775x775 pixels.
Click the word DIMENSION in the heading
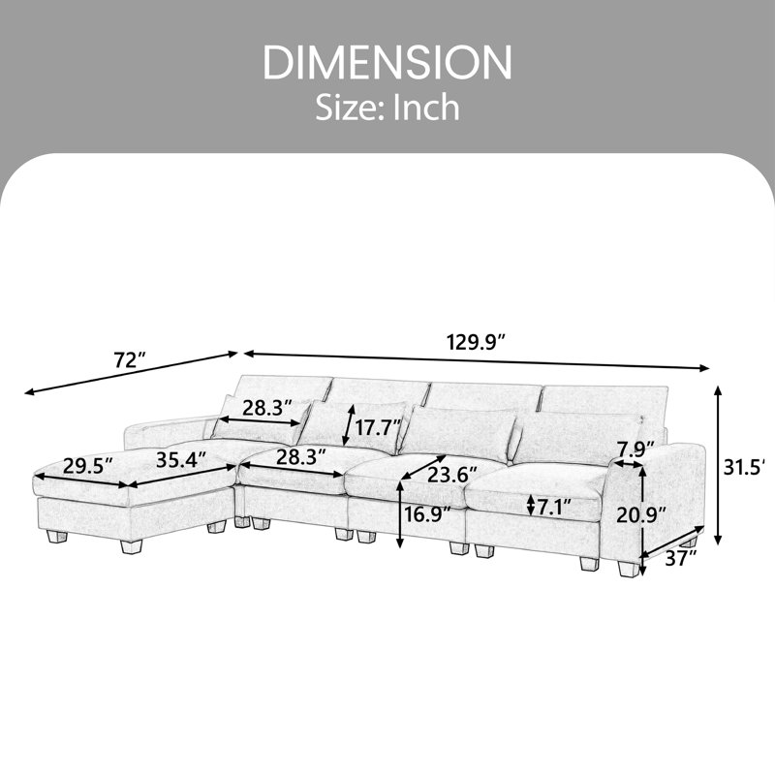click(387, 62)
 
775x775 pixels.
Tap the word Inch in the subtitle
click(425, 108)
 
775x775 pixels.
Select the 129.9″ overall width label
click(476, 342)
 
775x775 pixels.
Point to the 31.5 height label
click(746, 467)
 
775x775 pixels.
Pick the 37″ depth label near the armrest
click(680, 559)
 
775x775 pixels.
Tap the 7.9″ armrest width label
click(636, 449)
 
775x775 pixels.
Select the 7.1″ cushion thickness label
click(553, 507)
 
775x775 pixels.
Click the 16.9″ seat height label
click(428, 514)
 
